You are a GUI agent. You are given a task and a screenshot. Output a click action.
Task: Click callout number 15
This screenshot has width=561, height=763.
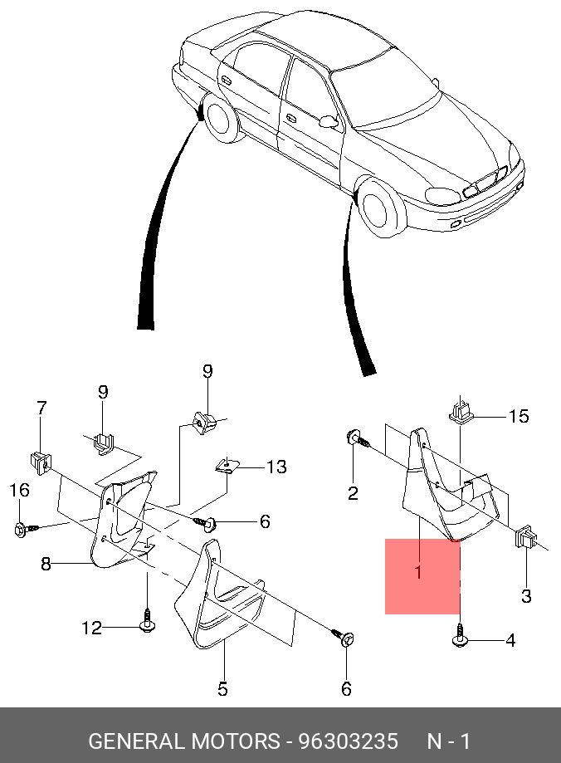[x=519, y=416]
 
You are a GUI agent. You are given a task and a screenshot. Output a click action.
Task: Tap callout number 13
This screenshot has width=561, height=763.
[x=276, y=467]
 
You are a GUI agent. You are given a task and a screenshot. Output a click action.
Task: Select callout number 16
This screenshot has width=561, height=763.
[x=19, y=492]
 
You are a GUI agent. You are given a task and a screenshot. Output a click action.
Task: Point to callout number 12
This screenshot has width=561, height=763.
[x=90, y=628]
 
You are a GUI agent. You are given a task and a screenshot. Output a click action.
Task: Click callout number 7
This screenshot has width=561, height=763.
[x=41, y=408]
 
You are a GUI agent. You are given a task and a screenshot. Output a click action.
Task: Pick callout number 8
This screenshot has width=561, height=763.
[x=46, y=564]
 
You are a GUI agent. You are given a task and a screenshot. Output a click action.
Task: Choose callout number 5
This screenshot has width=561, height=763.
[x=222, y=688]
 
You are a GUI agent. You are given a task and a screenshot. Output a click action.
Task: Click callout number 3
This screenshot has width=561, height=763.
[x=526, y=595]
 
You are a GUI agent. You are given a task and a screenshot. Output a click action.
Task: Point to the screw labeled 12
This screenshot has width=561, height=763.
[x=146, y=623]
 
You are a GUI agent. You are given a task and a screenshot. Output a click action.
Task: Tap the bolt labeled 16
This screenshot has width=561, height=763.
[x=22, y=527]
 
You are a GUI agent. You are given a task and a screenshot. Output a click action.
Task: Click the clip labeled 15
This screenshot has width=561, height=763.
[x=461, y=411]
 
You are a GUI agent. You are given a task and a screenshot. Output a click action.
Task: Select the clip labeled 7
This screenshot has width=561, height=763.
[x=39, y=457]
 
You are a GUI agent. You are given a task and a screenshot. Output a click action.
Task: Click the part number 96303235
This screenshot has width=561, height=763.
[x=348, y=741]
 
